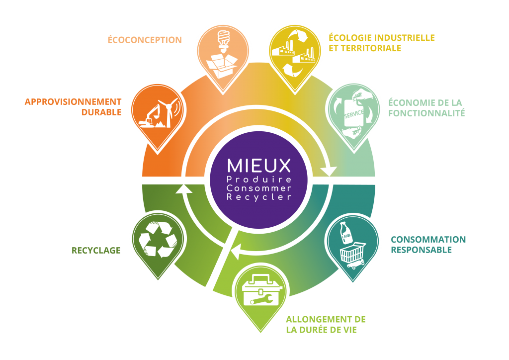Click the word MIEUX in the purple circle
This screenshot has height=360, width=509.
tap(258, 166)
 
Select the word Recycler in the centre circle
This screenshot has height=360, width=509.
tap(258, 197)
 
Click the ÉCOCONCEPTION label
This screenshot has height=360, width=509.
tap(145, 40)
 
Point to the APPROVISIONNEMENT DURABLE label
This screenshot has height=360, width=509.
tap(73, 107)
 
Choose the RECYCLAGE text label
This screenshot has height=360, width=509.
tap(96, 251)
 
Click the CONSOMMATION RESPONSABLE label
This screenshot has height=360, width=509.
tap(428, 244)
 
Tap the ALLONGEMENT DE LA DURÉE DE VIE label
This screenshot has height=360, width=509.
tap(326, 324)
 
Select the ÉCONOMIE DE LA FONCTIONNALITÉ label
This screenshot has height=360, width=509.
tap(426, 108)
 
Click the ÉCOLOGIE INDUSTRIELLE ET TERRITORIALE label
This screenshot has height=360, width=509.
tap(382, 43)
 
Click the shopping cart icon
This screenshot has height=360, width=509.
tap(354, 257)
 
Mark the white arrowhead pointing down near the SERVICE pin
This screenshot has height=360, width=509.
tap(328, 171)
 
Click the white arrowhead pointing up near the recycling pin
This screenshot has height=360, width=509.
tap(185, 188)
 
